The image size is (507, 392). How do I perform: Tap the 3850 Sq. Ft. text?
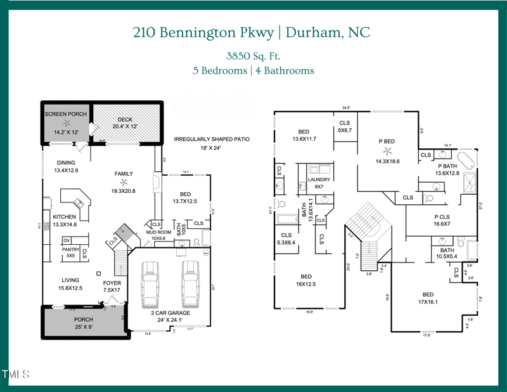253,55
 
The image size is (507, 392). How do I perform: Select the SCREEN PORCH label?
65,114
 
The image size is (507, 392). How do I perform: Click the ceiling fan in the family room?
124,182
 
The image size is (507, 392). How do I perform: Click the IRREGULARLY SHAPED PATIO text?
212,139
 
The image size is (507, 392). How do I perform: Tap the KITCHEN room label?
65,217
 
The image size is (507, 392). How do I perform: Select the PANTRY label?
70,249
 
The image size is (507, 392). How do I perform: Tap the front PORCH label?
83,319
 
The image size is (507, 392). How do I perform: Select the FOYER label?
112,283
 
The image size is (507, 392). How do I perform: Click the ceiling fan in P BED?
386,151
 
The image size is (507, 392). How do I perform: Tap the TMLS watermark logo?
16,374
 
